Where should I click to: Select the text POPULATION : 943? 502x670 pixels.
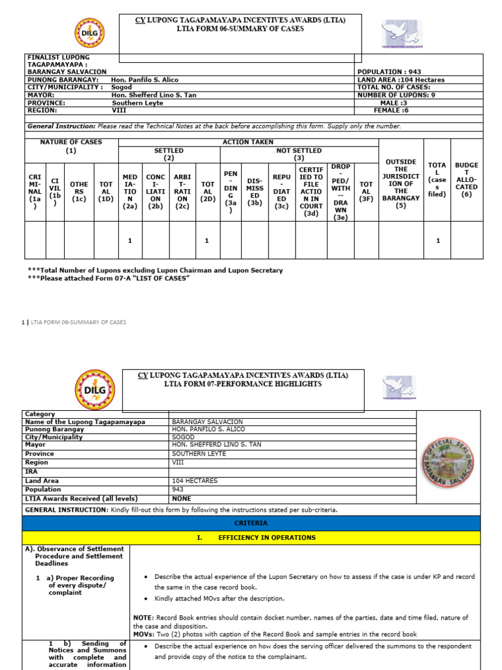coord(388,71)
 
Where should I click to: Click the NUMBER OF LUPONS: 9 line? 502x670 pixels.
coord(395,95)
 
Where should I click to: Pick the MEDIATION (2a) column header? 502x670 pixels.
coord(130,190)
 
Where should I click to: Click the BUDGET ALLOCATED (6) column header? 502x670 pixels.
coord(466,180)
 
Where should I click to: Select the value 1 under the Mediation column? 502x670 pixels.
coord(130,241)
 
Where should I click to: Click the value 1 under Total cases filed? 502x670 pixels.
coord(437,241)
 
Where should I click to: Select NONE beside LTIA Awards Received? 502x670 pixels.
coord(182,499)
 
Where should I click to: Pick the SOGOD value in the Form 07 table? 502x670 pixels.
coord(183,436)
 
